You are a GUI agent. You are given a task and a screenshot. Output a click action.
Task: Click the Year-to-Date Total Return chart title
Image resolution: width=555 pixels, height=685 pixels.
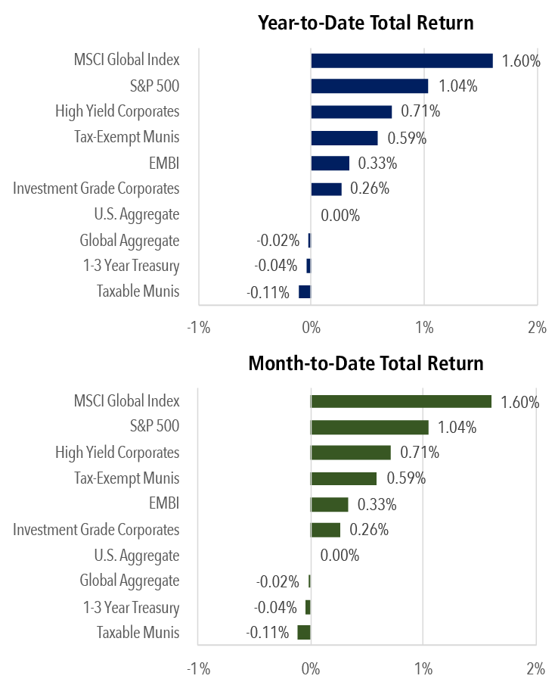(366, 23)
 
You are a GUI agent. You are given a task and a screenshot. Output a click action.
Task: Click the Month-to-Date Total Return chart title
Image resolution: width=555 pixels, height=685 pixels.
(366, 363)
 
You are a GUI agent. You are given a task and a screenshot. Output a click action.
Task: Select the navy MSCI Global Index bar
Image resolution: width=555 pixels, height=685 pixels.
(402, 61)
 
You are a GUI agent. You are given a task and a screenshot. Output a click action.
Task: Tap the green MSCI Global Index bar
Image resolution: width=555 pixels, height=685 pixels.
(401, 401)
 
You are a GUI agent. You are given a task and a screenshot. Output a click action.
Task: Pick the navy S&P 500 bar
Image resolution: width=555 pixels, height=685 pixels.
(369, 86)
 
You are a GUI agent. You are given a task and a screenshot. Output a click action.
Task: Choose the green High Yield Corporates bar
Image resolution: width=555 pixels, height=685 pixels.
(351, 453)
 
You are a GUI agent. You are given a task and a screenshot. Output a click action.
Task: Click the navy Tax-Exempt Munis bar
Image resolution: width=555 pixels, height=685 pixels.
(344, 138)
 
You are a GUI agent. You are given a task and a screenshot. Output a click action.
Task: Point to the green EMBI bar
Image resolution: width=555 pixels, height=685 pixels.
(330, 504)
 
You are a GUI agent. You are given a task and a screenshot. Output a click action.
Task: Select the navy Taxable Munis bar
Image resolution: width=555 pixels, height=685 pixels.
(305, 292)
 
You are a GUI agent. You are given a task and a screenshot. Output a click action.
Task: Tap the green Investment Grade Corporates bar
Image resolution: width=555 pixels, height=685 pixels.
(326, 530)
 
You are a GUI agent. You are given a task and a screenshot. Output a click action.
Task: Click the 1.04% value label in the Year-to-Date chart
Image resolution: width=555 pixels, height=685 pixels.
(457, 86)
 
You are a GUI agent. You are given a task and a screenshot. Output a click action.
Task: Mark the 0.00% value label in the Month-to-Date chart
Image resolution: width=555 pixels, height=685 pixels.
(340, 556)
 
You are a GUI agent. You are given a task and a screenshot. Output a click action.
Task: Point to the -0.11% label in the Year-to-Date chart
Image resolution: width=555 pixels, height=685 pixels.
(268, 292)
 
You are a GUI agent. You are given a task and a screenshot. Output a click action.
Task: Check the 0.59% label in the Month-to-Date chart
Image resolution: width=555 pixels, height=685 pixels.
(406, 478)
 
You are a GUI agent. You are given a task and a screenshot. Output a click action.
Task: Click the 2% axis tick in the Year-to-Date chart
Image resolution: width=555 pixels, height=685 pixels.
(537, 328)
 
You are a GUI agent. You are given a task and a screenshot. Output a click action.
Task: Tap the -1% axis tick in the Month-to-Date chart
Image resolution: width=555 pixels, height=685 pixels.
(198, 669)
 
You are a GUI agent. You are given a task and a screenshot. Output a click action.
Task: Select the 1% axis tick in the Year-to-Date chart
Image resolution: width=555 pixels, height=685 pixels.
(424, 328)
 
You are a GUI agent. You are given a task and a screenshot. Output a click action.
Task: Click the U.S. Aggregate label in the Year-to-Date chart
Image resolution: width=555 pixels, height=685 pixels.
(137, 214)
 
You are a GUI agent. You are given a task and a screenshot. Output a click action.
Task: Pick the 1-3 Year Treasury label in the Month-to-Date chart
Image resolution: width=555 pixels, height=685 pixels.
(131, 607)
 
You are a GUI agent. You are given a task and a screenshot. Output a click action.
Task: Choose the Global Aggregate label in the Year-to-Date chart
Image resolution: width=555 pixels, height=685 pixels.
(129, 241)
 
